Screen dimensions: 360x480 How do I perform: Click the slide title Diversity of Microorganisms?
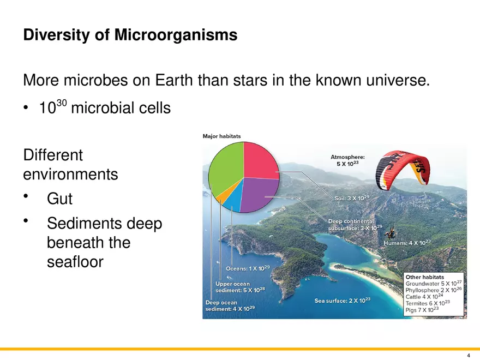click(130, 35)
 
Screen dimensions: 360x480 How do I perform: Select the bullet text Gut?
click(60, 199)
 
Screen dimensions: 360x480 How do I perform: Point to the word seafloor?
click(75, 261)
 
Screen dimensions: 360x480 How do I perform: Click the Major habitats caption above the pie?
click(221, 136)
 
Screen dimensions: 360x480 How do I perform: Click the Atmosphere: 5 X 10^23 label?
click(347, 160)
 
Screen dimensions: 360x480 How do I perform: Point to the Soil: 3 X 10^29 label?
click(352, 198)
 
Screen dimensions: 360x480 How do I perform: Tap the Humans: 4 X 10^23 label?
click(407, 242)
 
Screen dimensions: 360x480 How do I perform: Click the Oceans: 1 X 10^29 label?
click(248, 268)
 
